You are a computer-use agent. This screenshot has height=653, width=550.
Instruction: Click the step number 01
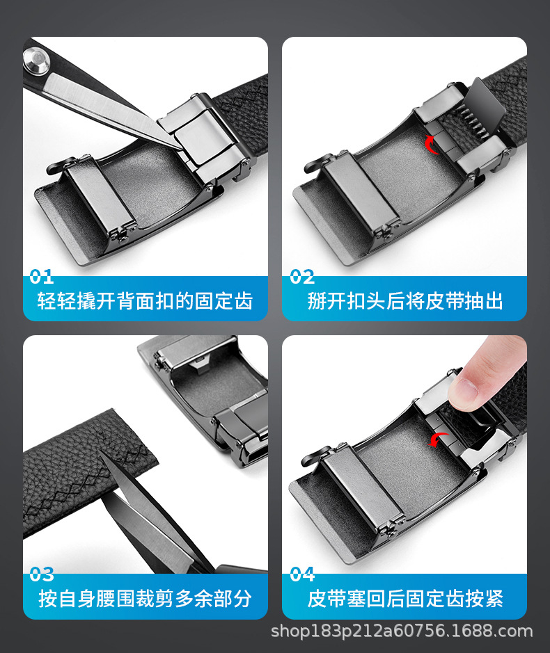click(42, 277)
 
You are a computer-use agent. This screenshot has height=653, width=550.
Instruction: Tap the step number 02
click(303, 277)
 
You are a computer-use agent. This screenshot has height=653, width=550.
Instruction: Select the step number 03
click(42, 574)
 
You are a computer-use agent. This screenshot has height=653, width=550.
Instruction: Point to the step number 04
click(303, 574)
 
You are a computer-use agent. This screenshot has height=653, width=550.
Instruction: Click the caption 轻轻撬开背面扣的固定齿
click(145, 301)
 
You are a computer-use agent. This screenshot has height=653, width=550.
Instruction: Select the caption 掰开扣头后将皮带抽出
click(404, 301)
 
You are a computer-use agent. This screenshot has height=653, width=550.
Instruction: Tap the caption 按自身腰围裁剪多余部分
click(145, 599)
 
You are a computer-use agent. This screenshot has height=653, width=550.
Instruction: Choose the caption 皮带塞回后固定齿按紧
click(404, 599)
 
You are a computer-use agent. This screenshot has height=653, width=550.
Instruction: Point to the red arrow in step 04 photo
click(438, 439)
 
